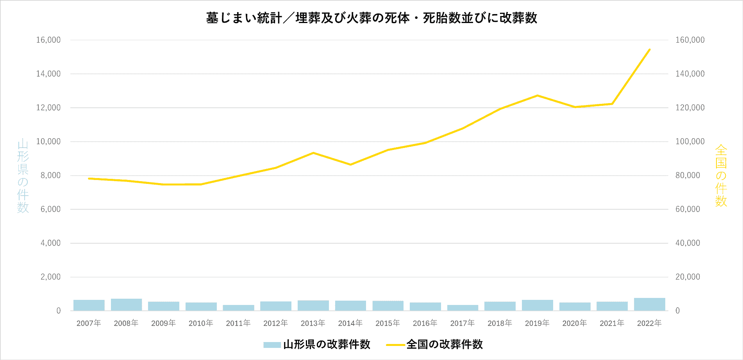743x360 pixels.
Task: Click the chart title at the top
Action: (371, 18)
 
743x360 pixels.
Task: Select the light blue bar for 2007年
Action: (89, 305)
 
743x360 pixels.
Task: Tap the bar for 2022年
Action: (649, 304)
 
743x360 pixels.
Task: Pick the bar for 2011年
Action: (238, 308)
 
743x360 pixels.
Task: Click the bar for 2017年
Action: (463, 308)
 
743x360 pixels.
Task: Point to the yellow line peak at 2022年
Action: (649, 50)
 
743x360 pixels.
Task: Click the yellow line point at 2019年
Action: (538, 95)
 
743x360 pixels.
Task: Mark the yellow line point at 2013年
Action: (313, 153)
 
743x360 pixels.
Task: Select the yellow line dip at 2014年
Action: (350, 164)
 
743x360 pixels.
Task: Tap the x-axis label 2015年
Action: (388, 323)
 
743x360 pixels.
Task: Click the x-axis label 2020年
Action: (575, 323)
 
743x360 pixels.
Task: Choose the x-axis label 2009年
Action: (163, 323)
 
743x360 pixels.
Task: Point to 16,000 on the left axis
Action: (48, 40)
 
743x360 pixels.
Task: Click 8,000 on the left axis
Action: (50, 175)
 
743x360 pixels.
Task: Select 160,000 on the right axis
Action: (690, 40)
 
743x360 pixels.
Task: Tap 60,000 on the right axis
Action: (688, 209)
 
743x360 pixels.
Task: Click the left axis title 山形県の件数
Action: (23, 176)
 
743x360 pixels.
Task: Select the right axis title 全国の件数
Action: (721, 176)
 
